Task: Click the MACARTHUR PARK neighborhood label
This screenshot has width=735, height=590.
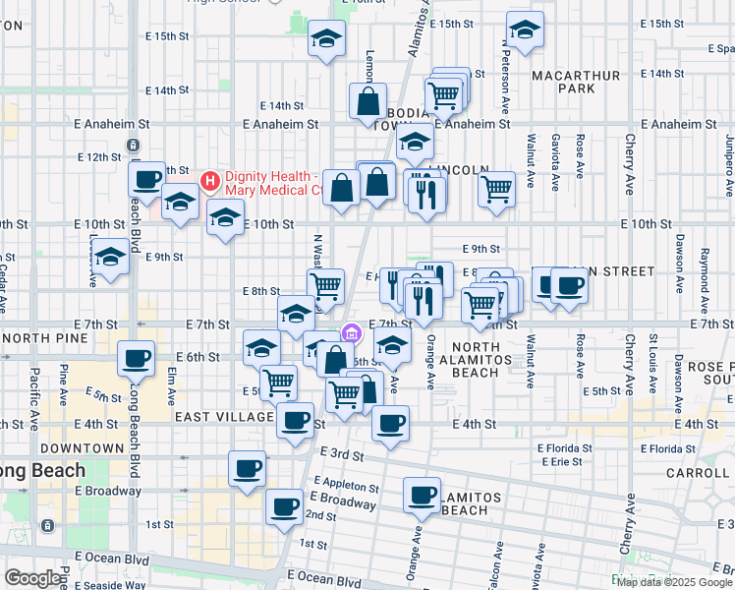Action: pos(576,82)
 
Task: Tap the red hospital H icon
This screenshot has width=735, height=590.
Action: pos(209,180)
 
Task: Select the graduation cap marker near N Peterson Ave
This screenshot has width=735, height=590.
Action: pos(525,31)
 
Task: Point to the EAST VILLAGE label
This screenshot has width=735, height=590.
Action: pos(224,417)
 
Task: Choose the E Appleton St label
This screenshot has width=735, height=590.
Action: pos(347,487)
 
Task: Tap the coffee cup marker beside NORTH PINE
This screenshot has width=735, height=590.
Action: pos(136,359)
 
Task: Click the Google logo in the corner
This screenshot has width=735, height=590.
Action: pos(32,578)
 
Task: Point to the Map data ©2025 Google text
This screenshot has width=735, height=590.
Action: pos(675,582)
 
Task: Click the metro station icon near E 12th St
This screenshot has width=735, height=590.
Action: pos(133,146)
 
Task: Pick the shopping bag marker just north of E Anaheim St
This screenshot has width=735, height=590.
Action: pos(367,101)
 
